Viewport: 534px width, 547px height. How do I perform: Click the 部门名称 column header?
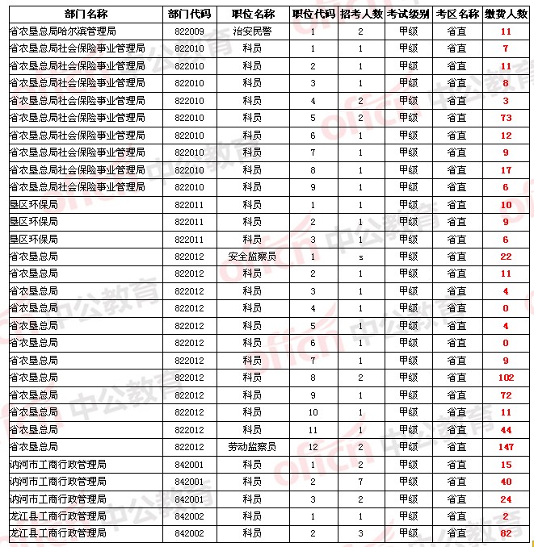pyautogui.click(x=85, y=14)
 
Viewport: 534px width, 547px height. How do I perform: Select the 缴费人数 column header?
pyautogui.click(x=506, y=14)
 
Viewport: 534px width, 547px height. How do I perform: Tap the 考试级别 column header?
pyautogui.click(x=408, y=14)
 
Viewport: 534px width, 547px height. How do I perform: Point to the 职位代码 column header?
pyautogui.click(x=313, y=14)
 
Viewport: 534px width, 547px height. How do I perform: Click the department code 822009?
pyautogui.click(x=189, y=31)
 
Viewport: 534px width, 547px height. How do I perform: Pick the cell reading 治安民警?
pyautogui.click(x=252, y=31)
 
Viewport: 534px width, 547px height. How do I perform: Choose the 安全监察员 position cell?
pyautogui.click(x=252, y=256)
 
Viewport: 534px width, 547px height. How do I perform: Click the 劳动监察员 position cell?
pyautogui.click(x=252, y=446)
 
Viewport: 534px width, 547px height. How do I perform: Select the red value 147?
pyautogui.click(x=506, y=446)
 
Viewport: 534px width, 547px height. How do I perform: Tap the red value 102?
pyautogui.click(x=506, y=377)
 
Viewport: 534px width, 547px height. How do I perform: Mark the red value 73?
pyautogui.click(x=506, y=118)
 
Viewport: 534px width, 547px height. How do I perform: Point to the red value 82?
pyautogui.click(x=506, y=533)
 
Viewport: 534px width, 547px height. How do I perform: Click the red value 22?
pyautogui.click(x=506, y=256)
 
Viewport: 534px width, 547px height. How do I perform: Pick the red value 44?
pyautogui.click(x=506, y=429)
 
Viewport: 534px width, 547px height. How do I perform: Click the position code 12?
pyautogui.click(x=313, y=446)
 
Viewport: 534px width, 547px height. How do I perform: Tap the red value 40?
pyautogui.click(x=506, y=482)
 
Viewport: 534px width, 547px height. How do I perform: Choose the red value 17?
pyautogui.click(x=506, y=169)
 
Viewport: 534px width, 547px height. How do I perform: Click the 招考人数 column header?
pyautogui.click(x=360, y=14)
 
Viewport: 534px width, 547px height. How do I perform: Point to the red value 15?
pyautogui.click(x=506, y=464)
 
